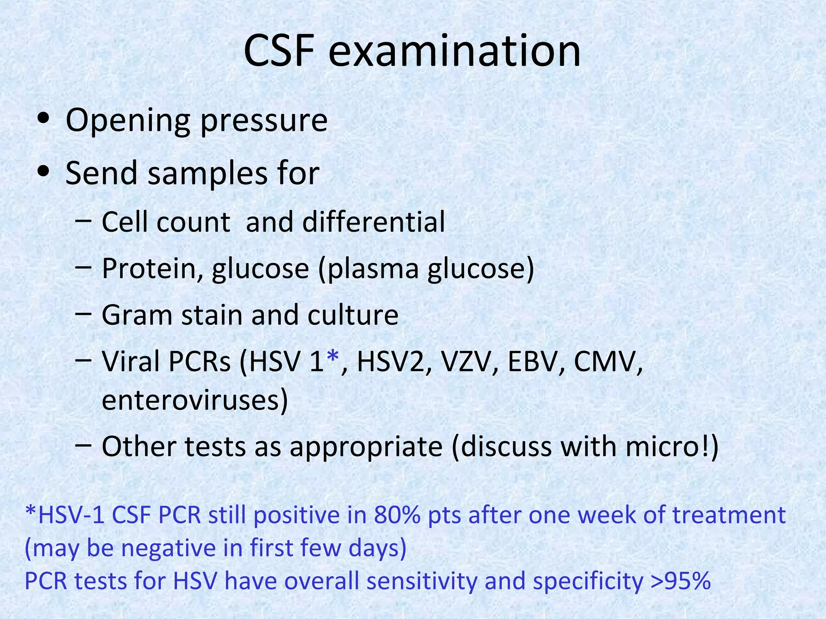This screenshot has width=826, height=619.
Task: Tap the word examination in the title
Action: (455, 51)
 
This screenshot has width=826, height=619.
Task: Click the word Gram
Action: (137, 315)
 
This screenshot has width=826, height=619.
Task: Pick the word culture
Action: (353, 315)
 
